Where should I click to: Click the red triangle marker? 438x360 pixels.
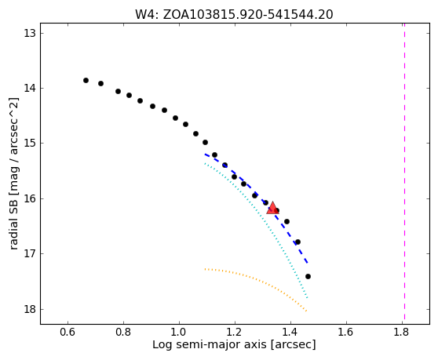coord(272,208)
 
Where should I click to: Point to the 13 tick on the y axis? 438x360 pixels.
coord(30,33)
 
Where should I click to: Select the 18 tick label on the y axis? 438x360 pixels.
coord(30,309)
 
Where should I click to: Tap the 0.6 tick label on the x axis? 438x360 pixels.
coord(68,332)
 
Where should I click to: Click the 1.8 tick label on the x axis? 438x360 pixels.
coord(402,332)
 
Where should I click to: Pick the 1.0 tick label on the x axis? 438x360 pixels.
coord(179,332)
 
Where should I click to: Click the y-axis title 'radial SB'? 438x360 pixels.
coord(13,218)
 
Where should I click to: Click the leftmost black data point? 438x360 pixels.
coord(86,80)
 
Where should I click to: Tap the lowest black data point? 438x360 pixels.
coord(308,277)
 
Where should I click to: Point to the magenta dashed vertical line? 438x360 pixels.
coord(404,172)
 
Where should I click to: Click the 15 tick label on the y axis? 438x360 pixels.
coord(30,144)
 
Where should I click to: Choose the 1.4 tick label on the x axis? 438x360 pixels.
coord(290,332)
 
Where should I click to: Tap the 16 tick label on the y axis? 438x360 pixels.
coord(30,198)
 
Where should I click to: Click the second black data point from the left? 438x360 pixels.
coord(100,83)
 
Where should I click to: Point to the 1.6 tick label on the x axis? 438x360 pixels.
coord(346,332)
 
